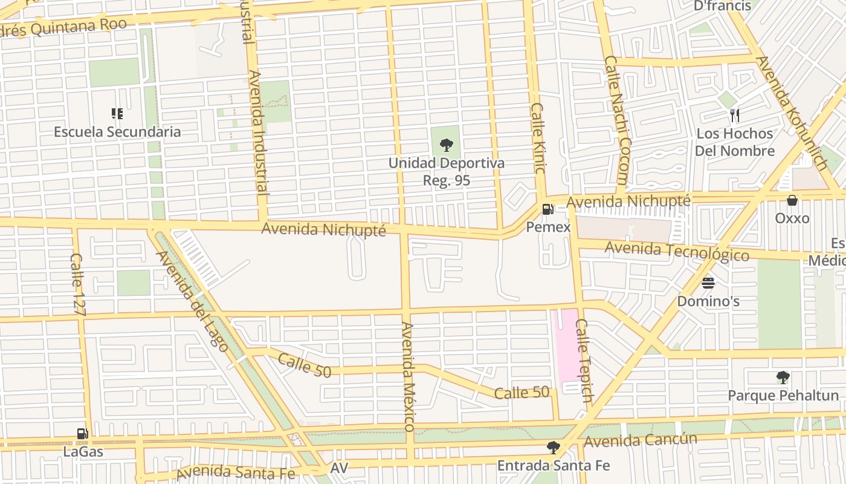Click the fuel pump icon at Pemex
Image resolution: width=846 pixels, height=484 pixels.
coord(548,209)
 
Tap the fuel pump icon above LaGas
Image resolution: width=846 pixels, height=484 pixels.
coord(83,434)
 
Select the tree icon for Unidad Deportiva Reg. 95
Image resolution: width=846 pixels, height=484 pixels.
coord(447,145)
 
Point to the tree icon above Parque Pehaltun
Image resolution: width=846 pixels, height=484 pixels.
coord(783,378)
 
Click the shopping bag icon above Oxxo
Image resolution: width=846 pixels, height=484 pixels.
coord(792,200)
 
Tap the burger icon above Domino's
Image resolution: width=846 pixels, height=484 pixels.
coord(708,283)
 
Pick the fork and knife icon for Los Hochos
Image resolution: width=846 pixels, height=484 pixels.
coord(735,116)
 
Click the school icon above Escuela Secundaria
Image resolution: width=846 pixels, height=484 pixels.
coord(117,114)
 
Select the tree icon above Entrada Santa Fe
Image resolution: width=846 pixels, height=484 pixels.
coord(553,448)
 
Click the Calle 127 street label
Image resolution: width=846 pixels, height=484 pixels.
coord(79,285)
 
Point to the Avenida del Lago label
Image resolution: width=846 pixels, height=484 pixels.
coord(192,301)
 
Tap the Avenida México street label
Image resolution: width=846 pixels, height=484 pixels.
coord(408,376)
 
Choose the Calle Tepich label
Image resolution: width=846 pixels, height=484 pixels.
coord(584,361)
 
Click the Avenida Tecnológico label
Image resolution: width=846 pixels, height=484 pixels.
coord(677,250)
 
